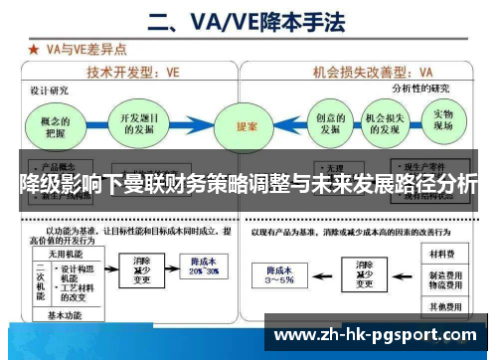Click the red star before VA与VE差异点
click(35, 47)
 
